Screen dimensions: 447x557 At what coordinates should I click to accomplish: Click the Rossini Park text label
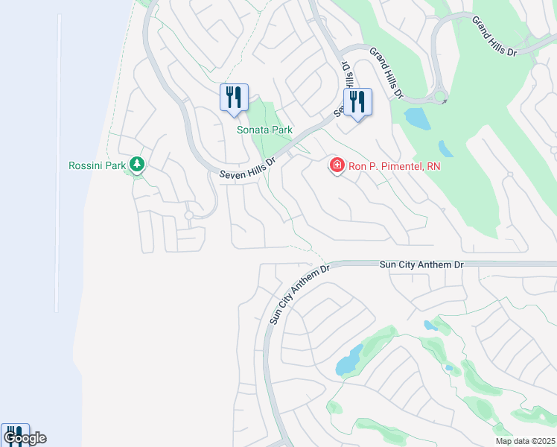coord(97,165)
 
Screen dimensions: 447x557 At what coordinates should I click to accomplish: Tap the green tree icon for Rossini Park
coord(136,164)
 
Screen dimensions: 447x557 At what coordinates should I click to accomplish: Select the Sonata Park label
coord(264,130)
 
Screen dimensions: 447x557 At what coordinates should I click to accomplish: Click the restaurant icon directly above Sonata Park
coord(234,98)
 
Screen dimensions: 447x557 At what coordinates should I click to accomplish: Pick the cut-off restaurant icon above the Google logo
coord(14,433)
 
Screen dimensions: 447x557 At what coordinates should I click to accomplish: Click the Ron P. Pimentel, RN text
coord(395,166)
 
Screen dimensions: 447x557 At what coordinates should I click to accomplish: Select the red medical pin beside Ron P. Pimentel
coord(337,165)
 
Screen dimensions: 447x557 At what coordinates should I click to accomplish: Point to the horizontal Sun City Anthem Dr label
coord(421,264)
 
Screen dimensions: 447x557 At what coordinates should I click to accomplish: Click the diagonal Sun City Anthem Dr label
coord(299,294)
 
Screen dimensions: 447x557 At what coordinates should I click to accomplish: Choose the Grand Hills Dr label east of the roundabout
coord(494,36)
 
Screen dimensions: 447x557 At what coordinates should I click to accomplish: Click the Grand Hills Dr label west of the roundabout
coord(386,73)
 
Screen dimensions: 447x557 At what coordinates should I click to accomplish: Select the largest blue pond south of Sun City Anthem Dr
coord(348,361)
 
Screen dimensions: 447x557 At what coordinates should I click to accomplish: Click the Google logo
coord(25,438)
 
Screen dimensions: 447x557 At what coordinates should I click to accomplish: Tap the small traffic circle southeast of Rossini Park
coord(189,215)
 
